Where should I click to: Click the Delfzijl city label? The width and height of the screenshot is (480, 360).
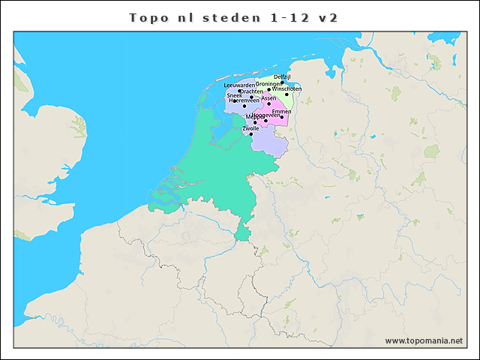coord(282,76)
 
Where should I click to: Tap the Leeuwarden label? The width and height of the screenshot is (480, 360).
coord(239,85)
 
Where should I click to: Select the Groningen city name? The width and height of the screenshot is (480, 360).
coord(268,83)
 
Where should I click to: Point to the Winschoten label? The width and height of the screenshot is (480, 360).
coord(286,88)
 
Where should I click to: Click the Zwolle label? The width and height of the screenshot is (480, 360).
coord(250,128)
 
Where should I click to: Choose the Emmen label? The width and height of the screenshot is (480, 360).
coord(281,111)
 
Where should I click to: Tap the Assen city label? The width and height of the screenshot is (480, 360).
coord(268,97)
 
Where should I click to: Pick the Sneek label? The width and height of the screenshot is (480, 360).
coord(234,95)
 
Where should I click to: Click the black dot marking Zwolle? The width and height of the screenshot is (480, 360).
coord(251,134)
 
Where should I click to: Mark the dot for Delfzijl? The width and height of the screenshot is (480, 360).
coord(283,82)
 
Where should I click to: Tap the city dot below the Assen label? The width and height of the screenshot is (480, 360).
coord(269,103)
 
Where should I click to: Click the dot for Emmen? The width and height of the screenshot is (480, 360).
coord(282,117)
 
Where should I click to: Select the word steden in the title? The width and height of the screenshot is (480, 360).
coord(229,16)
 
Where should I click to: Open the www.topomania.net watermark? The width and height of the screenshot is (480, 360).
coord(424,340)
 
